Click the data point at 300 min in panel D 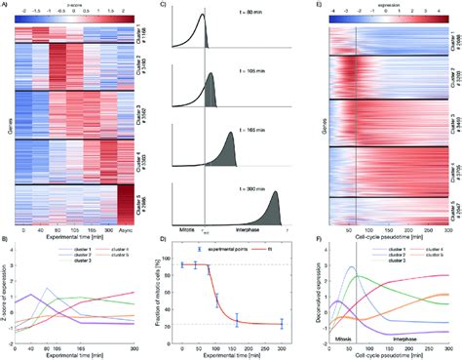coord(281,323)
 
